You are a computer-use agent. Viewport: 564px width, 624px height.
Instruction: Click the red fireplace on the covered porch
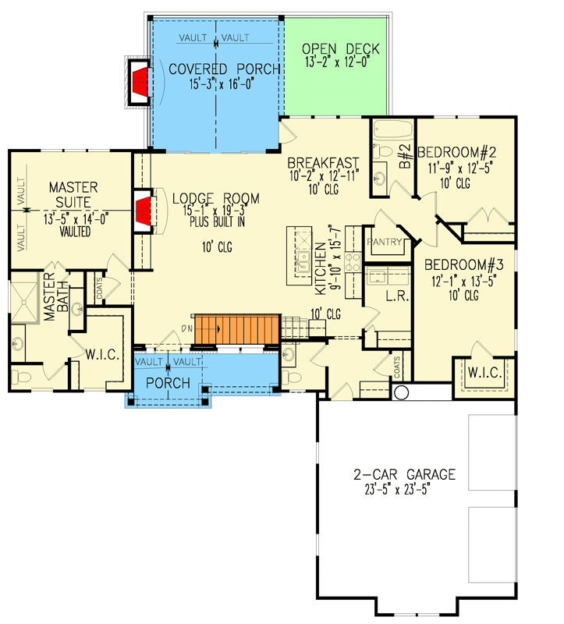pos(140,81)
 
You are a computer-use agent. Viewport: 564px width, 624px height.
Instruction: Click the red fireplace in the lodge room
pos(144,211)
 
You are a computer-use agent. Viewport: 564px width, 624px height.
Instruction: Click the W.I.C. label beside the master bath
pos(101,356)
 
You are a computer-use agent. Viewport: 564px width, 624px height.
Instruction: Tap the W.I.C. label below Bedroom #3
pos(484,374)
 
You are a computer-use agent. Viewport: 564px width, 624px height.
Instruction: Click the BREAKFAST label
pos(323,163)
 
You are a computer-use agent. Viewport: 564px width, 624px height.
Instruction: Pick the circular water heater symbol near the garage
pos(402,392)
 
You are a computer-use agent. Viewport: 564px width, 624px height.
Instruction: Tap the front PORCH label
pos(168,383)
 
